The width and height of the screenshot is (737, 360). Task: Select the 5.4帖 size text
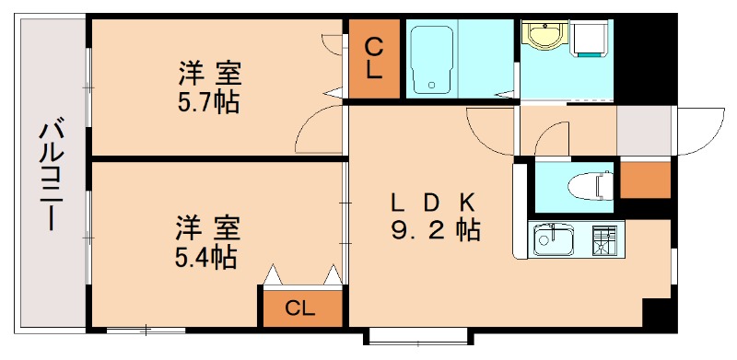pos(206,255)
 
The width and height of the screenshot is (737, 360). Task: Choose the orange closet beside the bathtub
pos(375,59)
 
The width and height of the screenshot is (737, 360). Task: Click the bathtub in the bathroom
pos(430,59)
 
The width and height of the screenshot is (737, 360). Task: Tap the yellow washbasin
pos(543,37)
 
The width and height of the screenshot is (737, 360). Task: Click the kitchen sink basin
pos(555,241)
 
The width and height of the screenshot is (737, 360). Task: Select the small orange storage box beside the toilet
pos(644,179)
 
